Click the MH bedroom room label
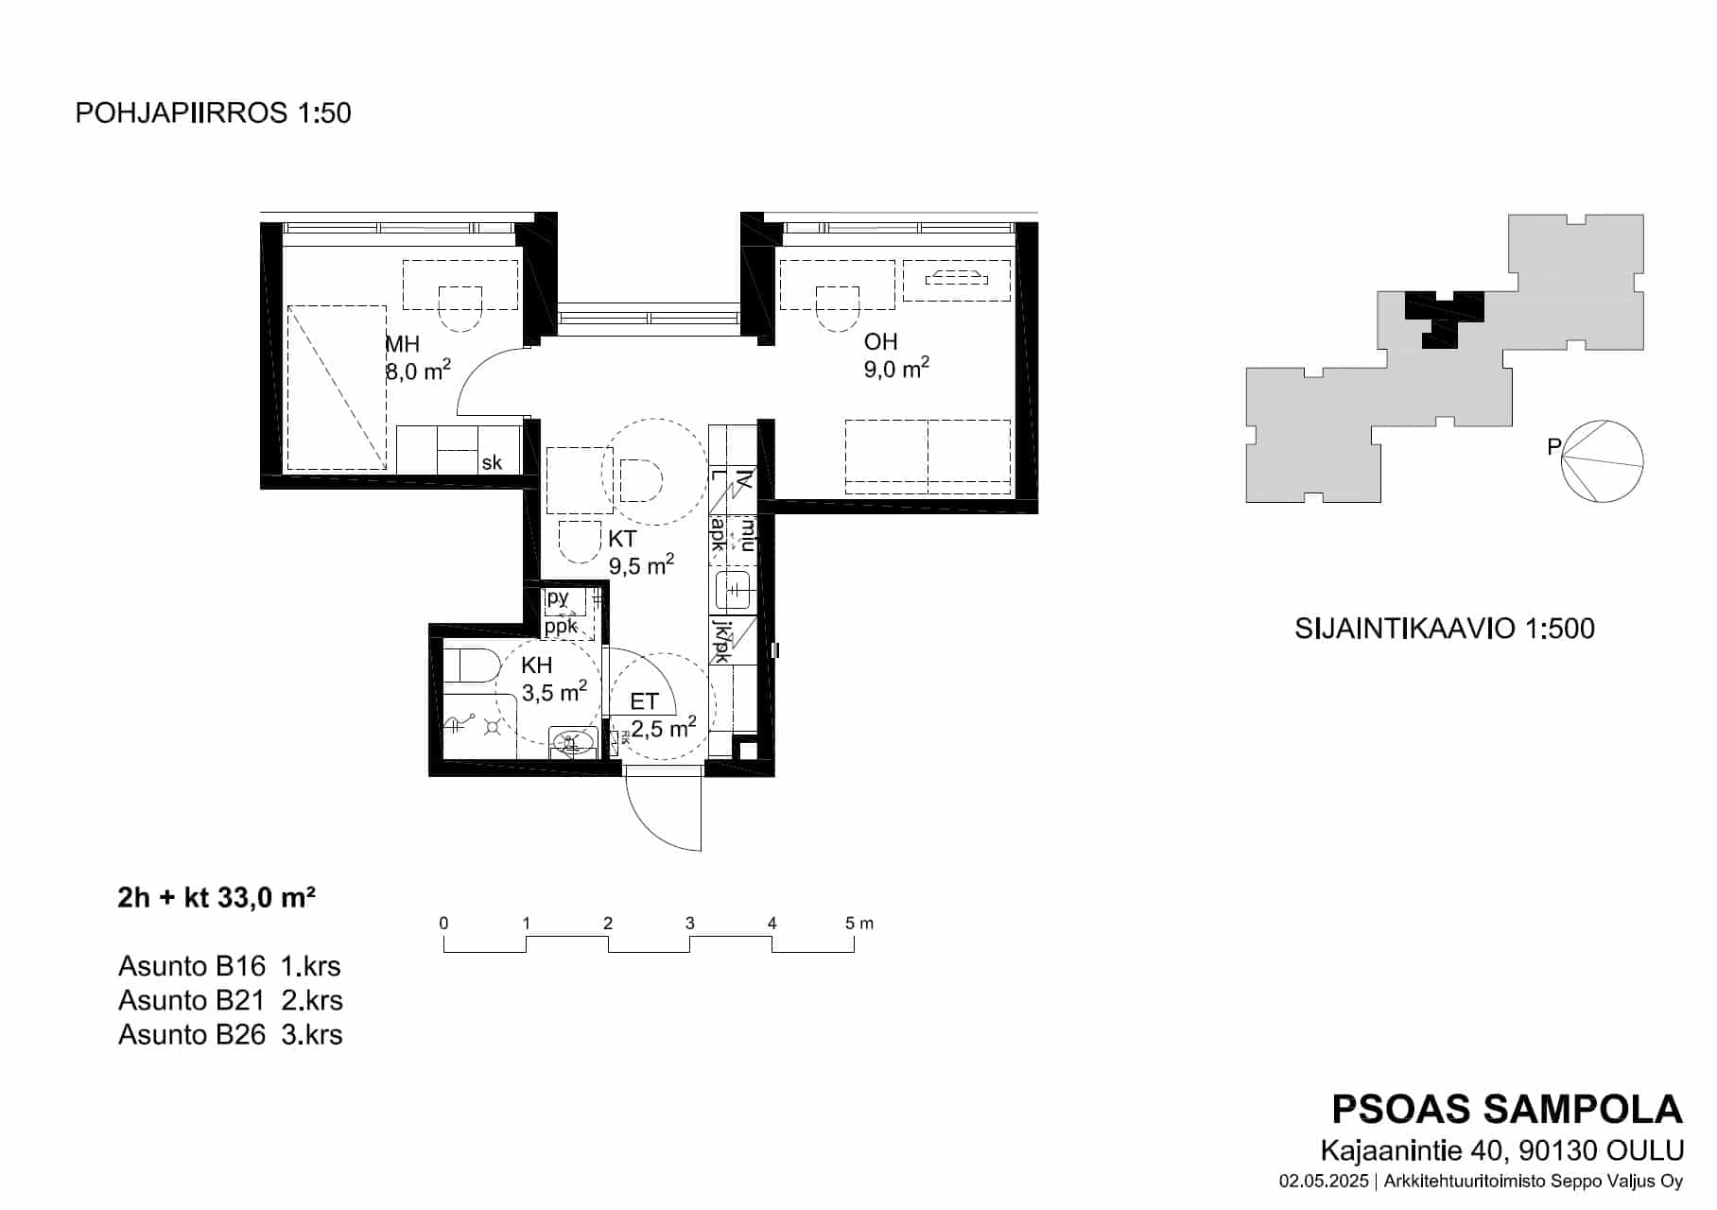pos(402,344)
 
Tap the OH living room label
pos(880,341)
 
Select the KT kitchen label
pos(622,539)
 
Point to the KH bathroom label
pos(536,665)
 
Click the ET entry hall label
pos(644,701)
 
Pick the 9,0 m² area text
pos(896,368)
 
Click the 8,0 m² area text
pos(418,370)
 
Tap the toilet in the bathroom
pos(472,665)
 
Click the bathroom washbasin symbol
pos(572,743)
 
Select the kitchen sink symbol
pos(734,590)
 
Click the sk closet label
pos(492,463)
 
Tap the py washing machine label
pos(558,597)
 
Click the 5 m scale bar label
pos(859,924)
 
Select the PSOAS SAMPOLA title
pos(1507,1109)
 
